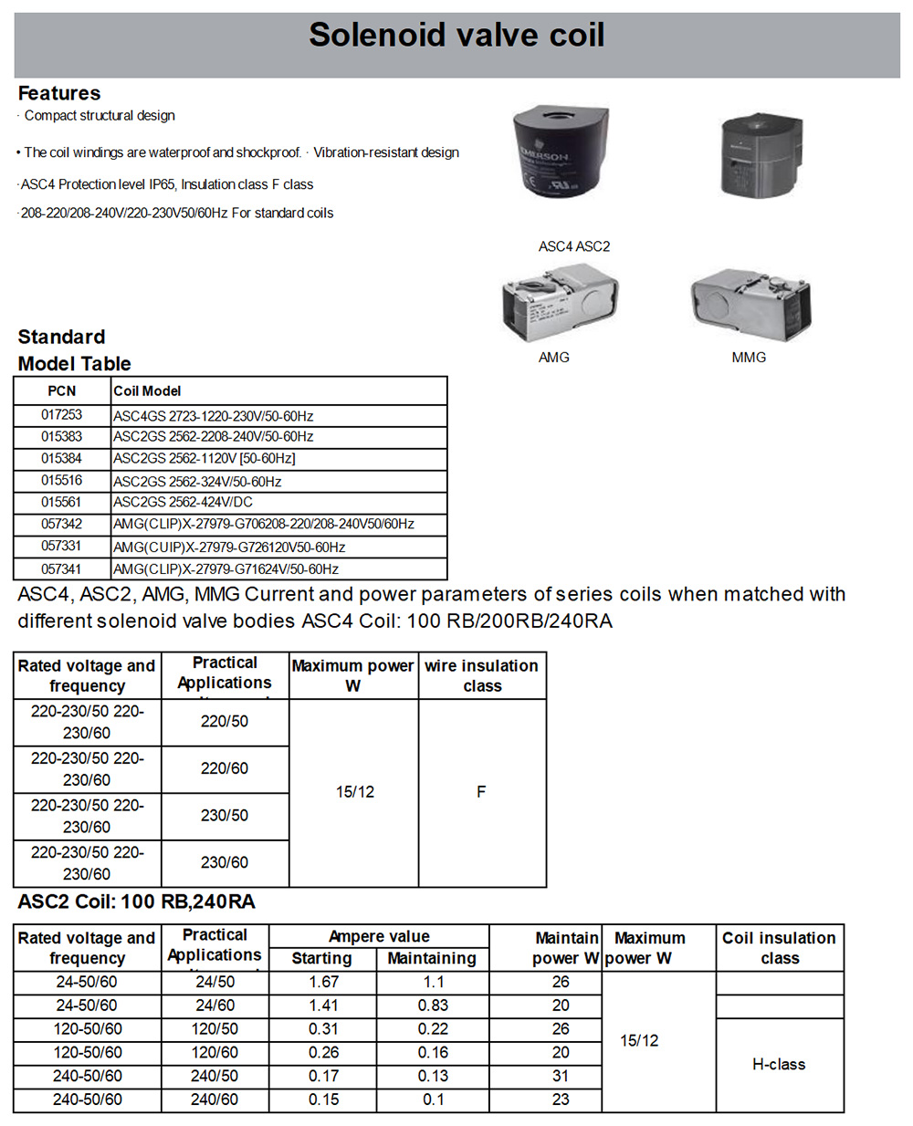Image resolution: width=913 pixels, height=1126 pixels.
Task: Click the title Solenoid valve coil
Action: point(456,36)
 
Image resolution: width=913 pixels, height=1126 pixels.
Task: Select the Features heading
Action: point(59,93)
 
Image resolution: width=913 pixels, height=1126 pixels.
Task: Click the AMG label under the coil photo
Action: point(553,358)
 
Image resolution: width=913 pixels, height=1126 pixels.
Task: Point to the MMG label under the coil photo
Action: point(749,358)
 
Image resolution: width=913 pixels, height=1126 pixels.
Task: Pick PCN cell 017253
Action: point(61,415)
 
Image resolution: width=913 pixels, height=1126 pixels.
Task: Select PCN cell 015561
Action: point(61,503)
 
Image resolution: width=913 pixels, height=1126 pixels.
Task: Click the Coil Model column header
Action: point(147,391)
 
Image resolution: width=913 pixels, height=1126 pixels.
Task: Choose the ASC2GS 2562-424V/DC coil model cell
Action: point(183,503)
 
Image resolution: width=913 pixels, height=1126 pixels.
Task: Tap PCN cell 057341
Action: point(61,569)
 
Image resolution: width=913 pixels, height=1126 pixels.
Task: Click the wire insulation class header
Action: point(481,676)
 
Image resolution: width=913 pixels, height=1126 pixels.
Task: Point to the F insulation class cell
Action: point(481,792)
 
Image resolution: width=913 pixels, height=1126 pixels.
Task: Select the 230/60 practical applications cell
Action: point(225,862)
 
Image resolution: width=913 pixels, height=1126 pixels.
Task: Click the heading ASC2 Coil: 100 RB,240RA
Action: point(137,902)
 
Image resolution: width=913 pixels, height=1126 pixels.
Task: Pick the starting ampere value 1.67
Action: point(323,983)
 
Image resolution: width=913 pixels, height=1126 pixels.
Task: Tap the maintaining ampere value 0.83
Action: point(433,1006)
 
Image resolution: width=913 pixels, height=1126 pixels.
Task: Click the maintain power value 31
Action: point(561,1077)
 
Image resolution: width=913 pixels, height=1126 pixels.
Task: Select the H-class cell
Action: point(779,1065)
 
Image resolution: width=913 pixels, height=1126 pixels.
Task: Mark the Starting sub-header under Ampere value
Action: point(321,959)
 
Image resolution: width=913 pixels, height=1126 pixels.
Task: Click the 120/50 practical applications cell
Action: point(215,1029)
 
